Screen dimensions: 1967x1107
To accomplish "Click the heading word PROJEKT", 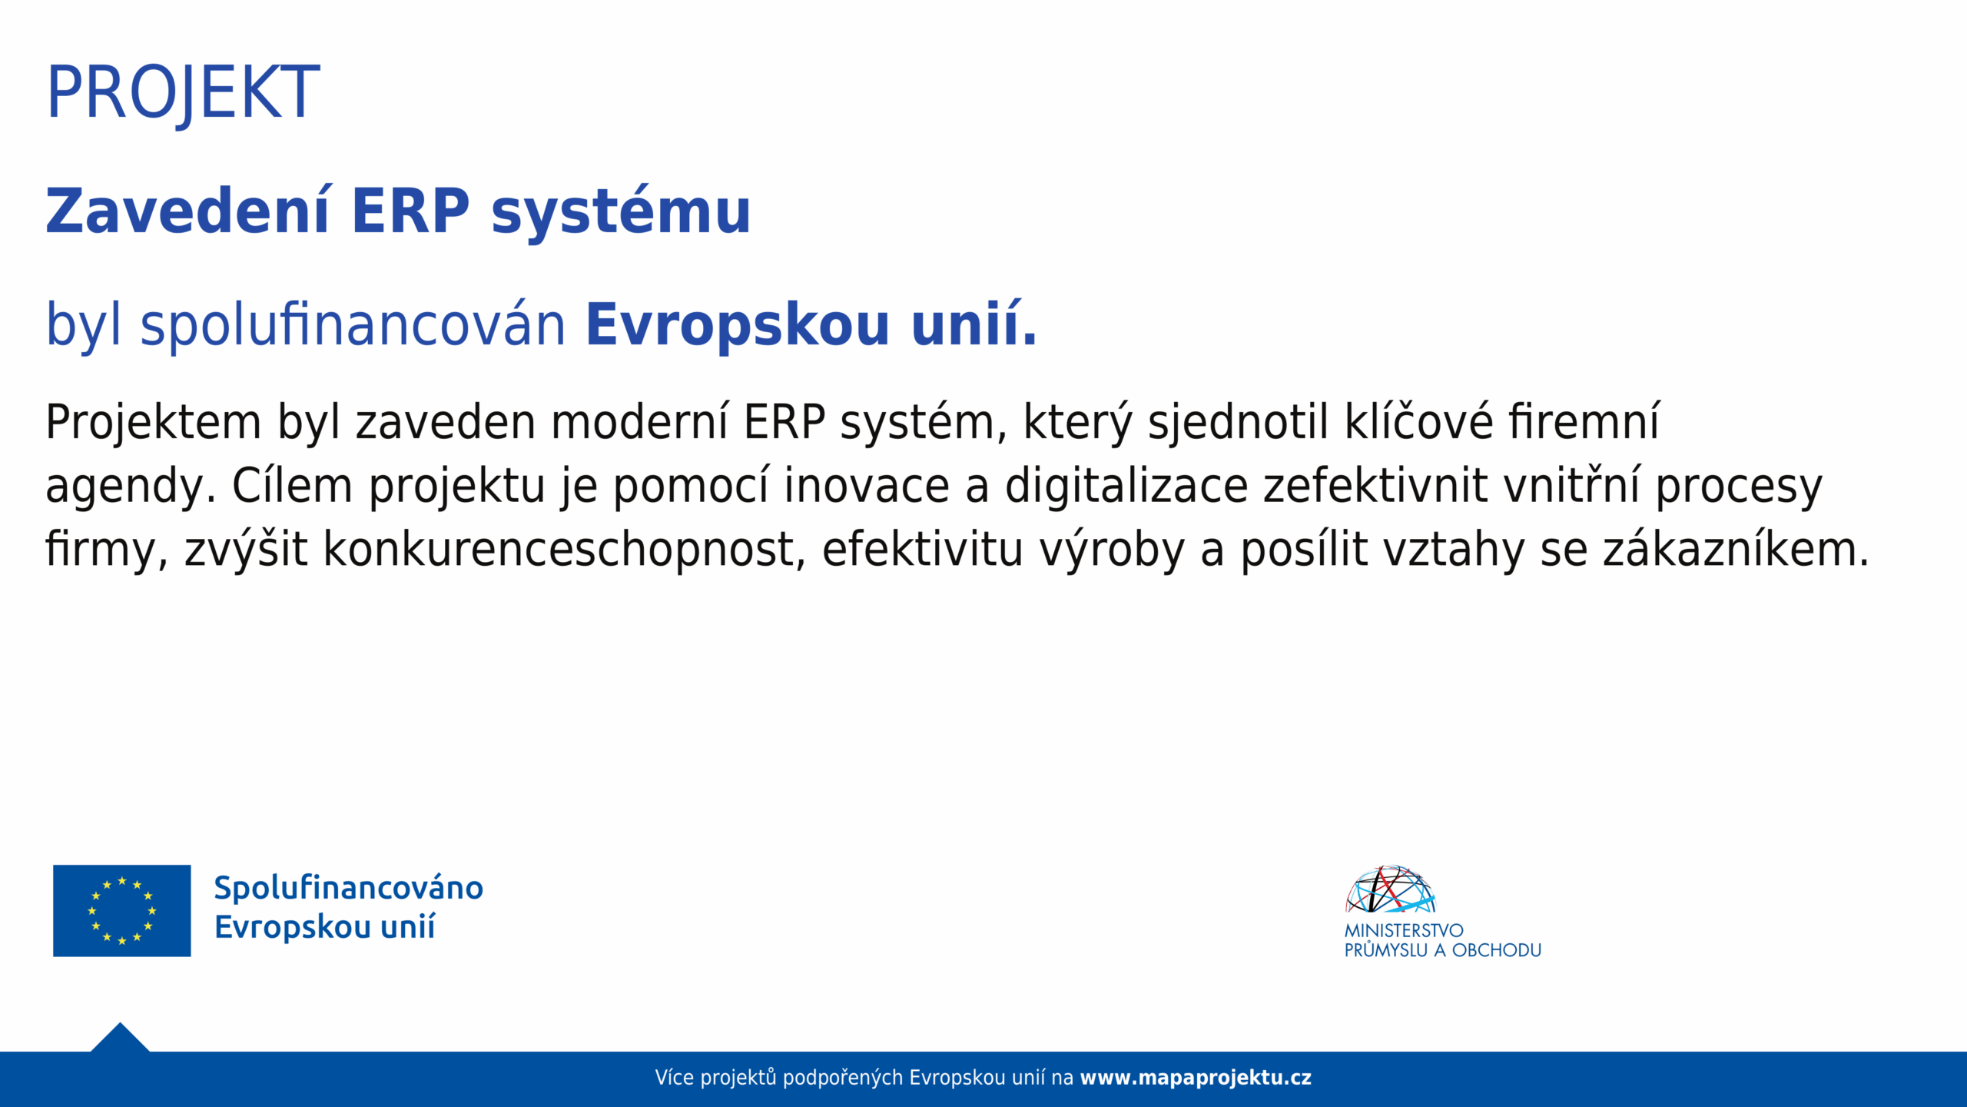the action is [183, 93].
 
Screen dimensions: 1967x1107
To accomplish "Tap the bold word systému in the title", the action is [620, 211].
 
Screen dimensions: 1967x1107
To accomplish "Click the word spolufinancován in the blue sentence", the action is [353, 324].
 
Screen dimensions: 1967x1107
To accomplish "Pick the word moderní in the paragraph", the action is [639, 422].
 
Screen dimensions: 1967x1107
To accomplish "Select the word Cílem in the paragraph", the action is [292, 486].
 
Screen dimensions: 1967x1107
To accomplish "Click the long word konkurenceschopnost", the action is [564, 550].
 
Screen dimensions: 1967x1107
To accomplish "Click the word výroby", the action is [1113, 550].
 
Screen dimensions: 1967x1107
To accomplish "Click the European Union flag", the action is [121, 911].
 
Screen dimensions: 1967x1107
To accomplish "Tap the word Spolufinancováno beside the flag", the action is [349, 888].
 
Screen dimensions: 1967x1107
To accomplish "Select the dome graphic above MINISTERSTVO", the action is [1390, 889].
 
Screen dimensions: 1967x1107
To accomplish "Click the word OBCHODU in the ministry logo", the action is [1497, 951].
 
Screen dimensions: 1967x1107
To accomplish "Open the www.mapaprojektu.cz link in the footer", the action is [1196, 1079].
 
